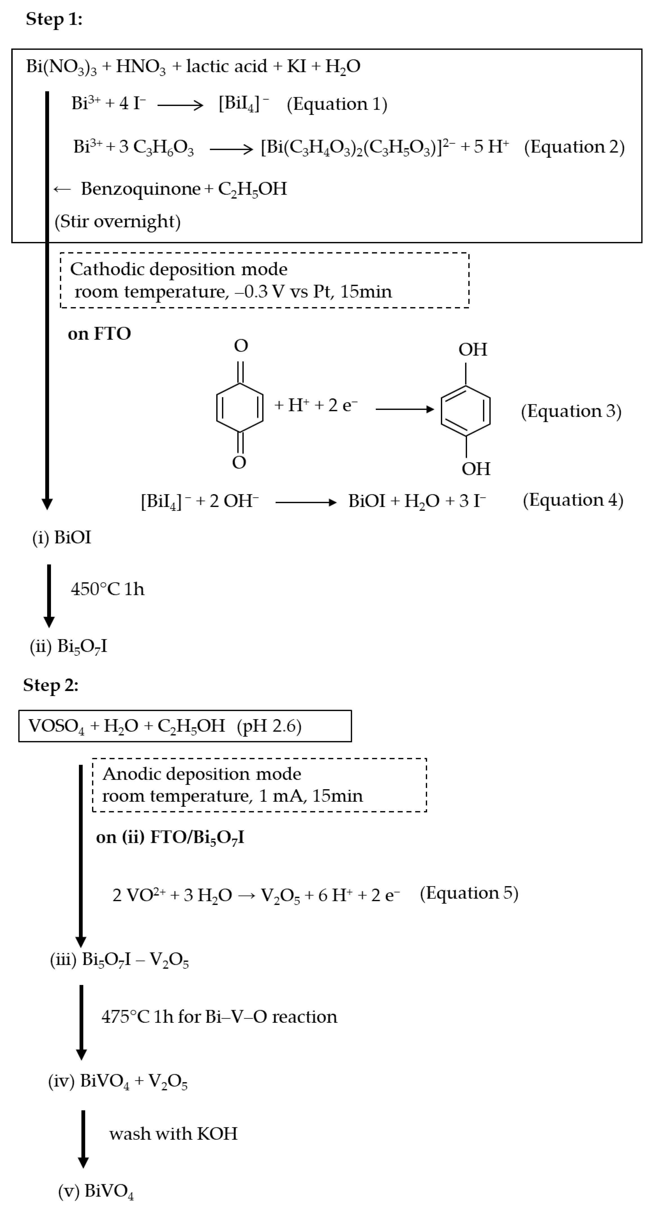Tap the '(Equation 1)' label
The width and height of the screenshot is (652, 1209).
point(337,104)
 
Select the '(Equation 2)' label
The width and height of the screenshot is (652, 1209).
point(574,147)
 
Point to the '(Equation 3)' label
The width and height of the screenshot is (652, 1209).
point(571,411)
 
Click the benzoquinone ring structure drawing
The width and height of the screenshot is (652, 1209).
point(240,407)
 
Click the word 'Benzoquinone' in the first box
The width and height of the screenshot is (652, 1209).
point(141,189)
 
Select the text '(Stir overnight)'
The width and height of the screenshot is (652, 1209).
point(117,221)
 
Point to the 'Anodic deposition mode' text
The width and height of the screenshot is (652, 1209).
point(202,774)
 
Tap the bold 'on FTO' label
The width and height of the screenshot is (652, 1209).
point(99,334)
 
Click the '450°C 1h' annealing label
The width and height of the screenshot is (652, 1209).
point(108,589)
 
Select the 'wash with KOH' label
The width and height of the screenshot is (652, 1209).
point(173,1134)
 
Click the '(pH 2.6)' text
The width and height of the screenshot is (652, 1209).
point(269,726)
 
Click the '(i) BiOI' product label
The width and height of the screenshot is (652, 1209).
point(61,537)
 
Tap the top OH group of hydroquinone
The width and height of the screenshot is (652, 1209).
point(473,350)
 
